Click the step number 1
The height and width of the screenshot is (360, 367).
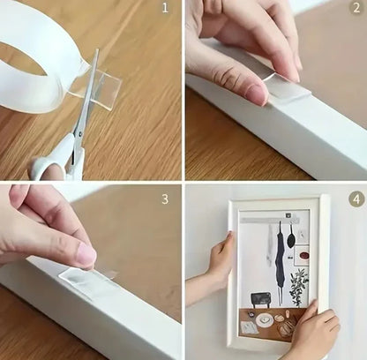(x=165, y=8)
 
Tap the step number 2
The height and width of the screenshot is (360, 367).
(x=356, y=8)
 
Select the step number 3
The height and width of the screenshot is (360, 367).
(x=165, y=199)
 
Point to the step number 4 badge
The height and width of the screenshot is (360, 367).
(x=356, y=199)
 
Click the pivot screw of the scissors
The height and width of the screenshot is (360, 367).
(x=79, y=134)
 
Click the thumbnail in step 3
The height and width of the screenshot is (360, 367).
(x=86, y=255)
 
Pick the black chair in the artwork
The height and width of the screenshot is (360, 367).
(x=261, y=299)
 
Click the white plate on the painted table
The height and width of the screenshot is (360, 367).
(x=264, y=319)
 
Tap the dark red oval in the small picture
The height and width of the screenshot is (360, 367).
(x=303, y=255)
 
